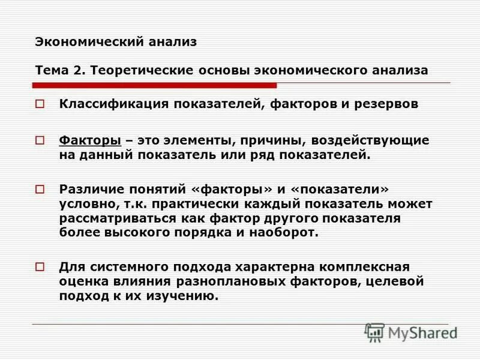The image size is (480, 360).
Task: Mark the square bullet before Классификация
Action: coord(40,105)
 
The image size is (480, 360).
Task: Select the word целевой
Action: coord(398,281)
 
